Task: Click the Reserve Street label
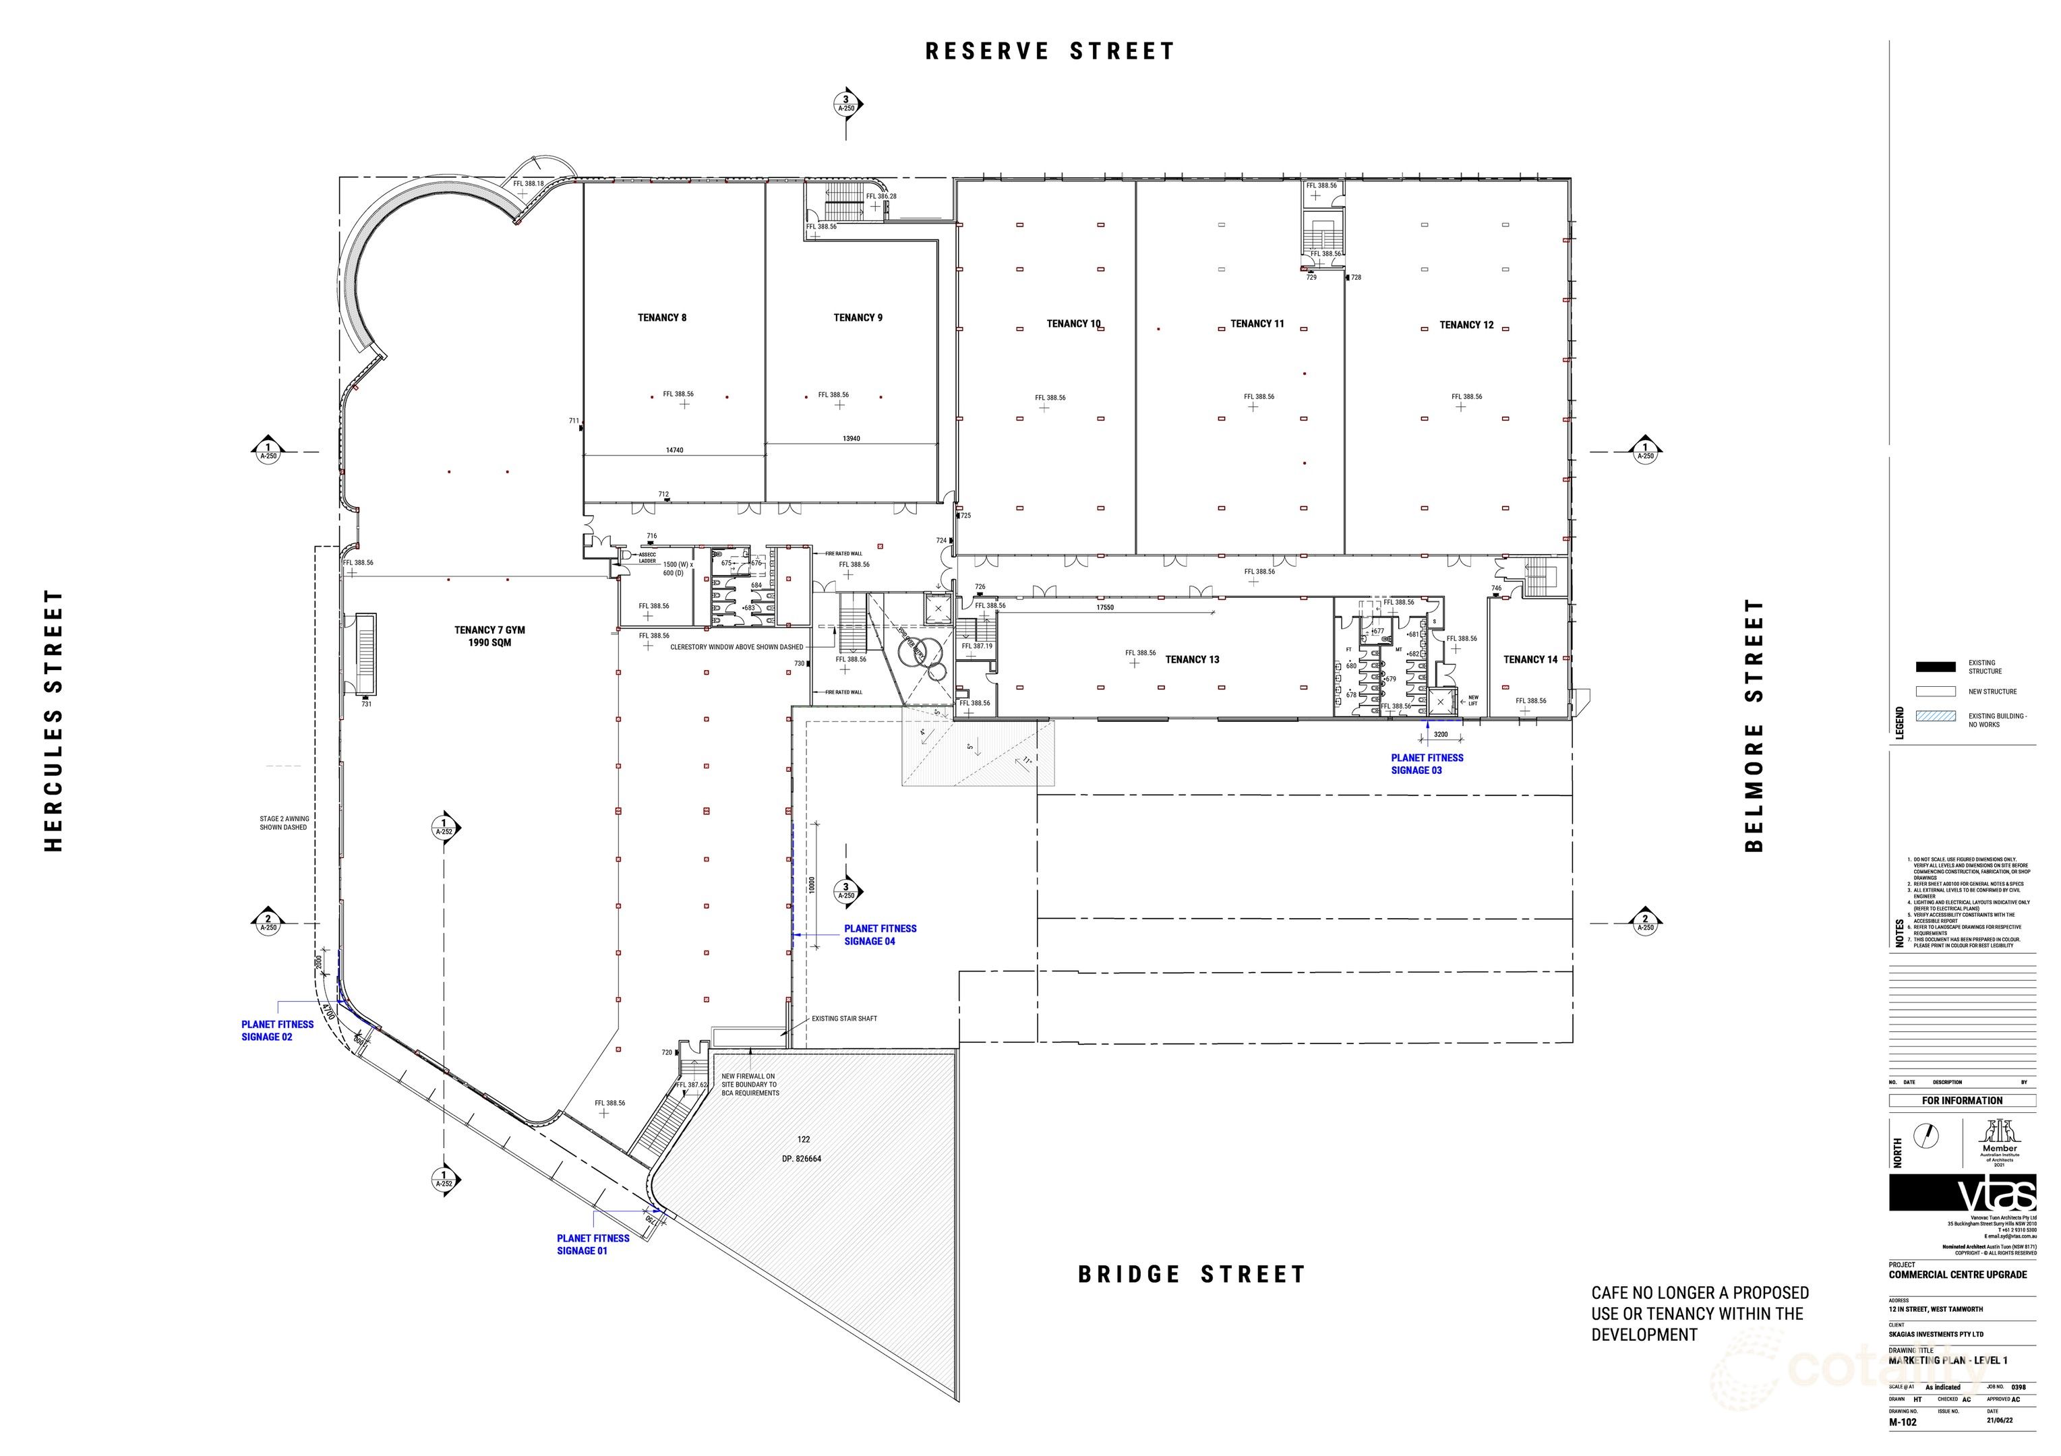tap(1049, 51)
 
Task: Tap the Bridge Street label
tap(1191, 1275)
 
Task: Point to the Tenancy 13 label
tap(1192, 660)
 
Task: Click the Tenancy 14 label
tap(1530, 660)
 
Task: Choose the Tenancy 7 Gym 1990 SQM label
tap(489, 636)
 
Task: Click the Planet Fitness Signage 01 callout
tap(593, 1244)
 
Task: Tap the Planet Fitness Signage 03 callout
tap(1427, 764)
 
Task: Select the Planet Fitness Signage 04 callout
tap(880, 934)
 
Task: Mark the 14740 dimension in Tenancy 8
tap(674, 450)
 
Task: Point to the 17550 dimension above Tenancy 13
tap(1104, 608)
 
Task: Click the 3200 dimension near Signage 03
tap(1440, 734)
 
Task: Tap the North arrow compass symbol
tap(1926, 1136)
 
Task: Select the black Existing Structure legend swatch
tap(1936, 667)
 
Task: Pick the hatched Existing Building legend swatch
tap(1936, 717)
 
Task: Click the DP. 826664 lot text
tap(801, 1159)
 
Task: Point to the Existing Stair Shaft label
tap(844, 1019)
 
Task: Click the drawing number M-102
tap(1903, 1423)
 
